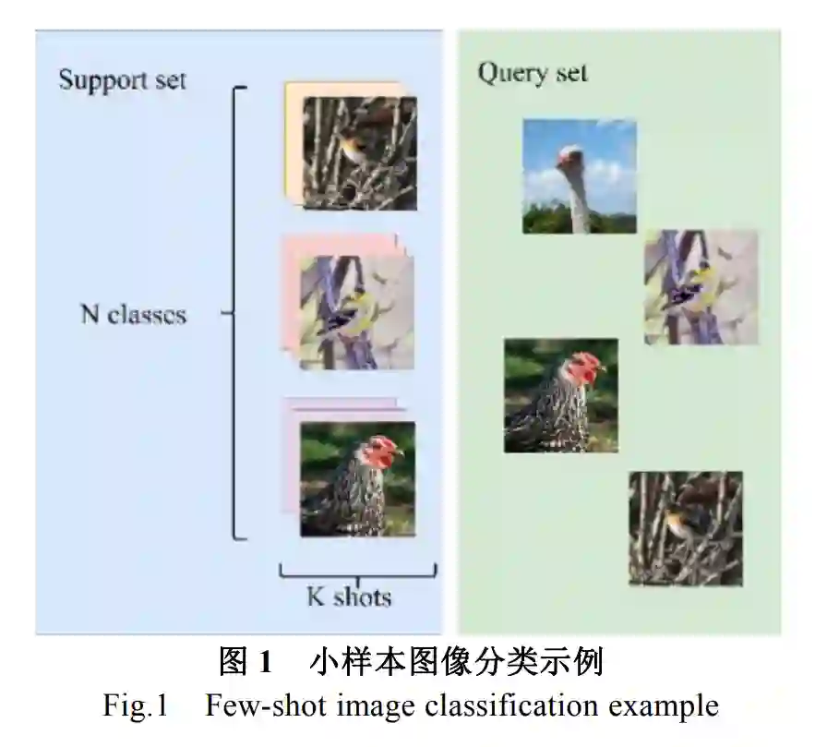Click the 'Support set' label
(122, 79)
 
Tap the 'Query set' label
(532, 74)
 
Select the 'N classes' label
(133, 315)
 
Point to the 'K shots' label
(349, 596)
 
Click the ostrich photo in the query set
(579, 175)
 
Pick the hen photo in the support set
(357, 478)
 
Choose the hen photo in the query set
(560, 395)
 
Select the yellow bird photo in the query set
(701, 287)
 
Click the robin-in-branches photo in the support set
(360, 152)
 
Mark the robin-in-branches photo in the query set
(685, 528)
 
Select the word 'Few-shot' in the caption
(262, 707)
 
